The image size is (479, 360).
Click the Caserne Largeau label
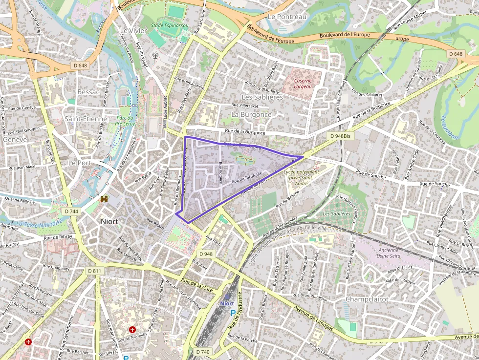[x=303, y=83]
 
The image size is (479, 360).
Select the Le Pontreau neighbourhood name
[x=287, y=17]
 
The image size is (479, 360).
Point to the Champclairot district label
[x=367, y=298]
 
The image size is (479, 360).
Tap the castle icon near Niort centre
[x=104, y=199]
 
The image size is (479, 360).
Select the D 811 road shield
[x=94, y=271]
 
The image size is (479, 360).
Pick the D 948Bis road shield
[x=340, y=136]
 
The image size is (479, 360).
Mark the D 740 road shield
[x=203, y=352]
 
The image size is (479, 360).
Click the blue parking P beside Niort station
[x=233, y=313]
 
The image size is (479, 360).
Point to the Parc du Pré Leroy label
[x=125, y=121]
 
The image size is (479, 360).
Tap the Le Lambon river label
[x=449, y=127]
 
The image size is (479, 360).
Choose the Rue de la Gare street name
[x=196, y=285]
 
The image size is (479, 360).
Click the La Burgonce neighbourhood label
[x=251, y=114]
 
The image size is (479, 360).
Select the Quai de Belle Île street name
[x=20, y=200]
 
